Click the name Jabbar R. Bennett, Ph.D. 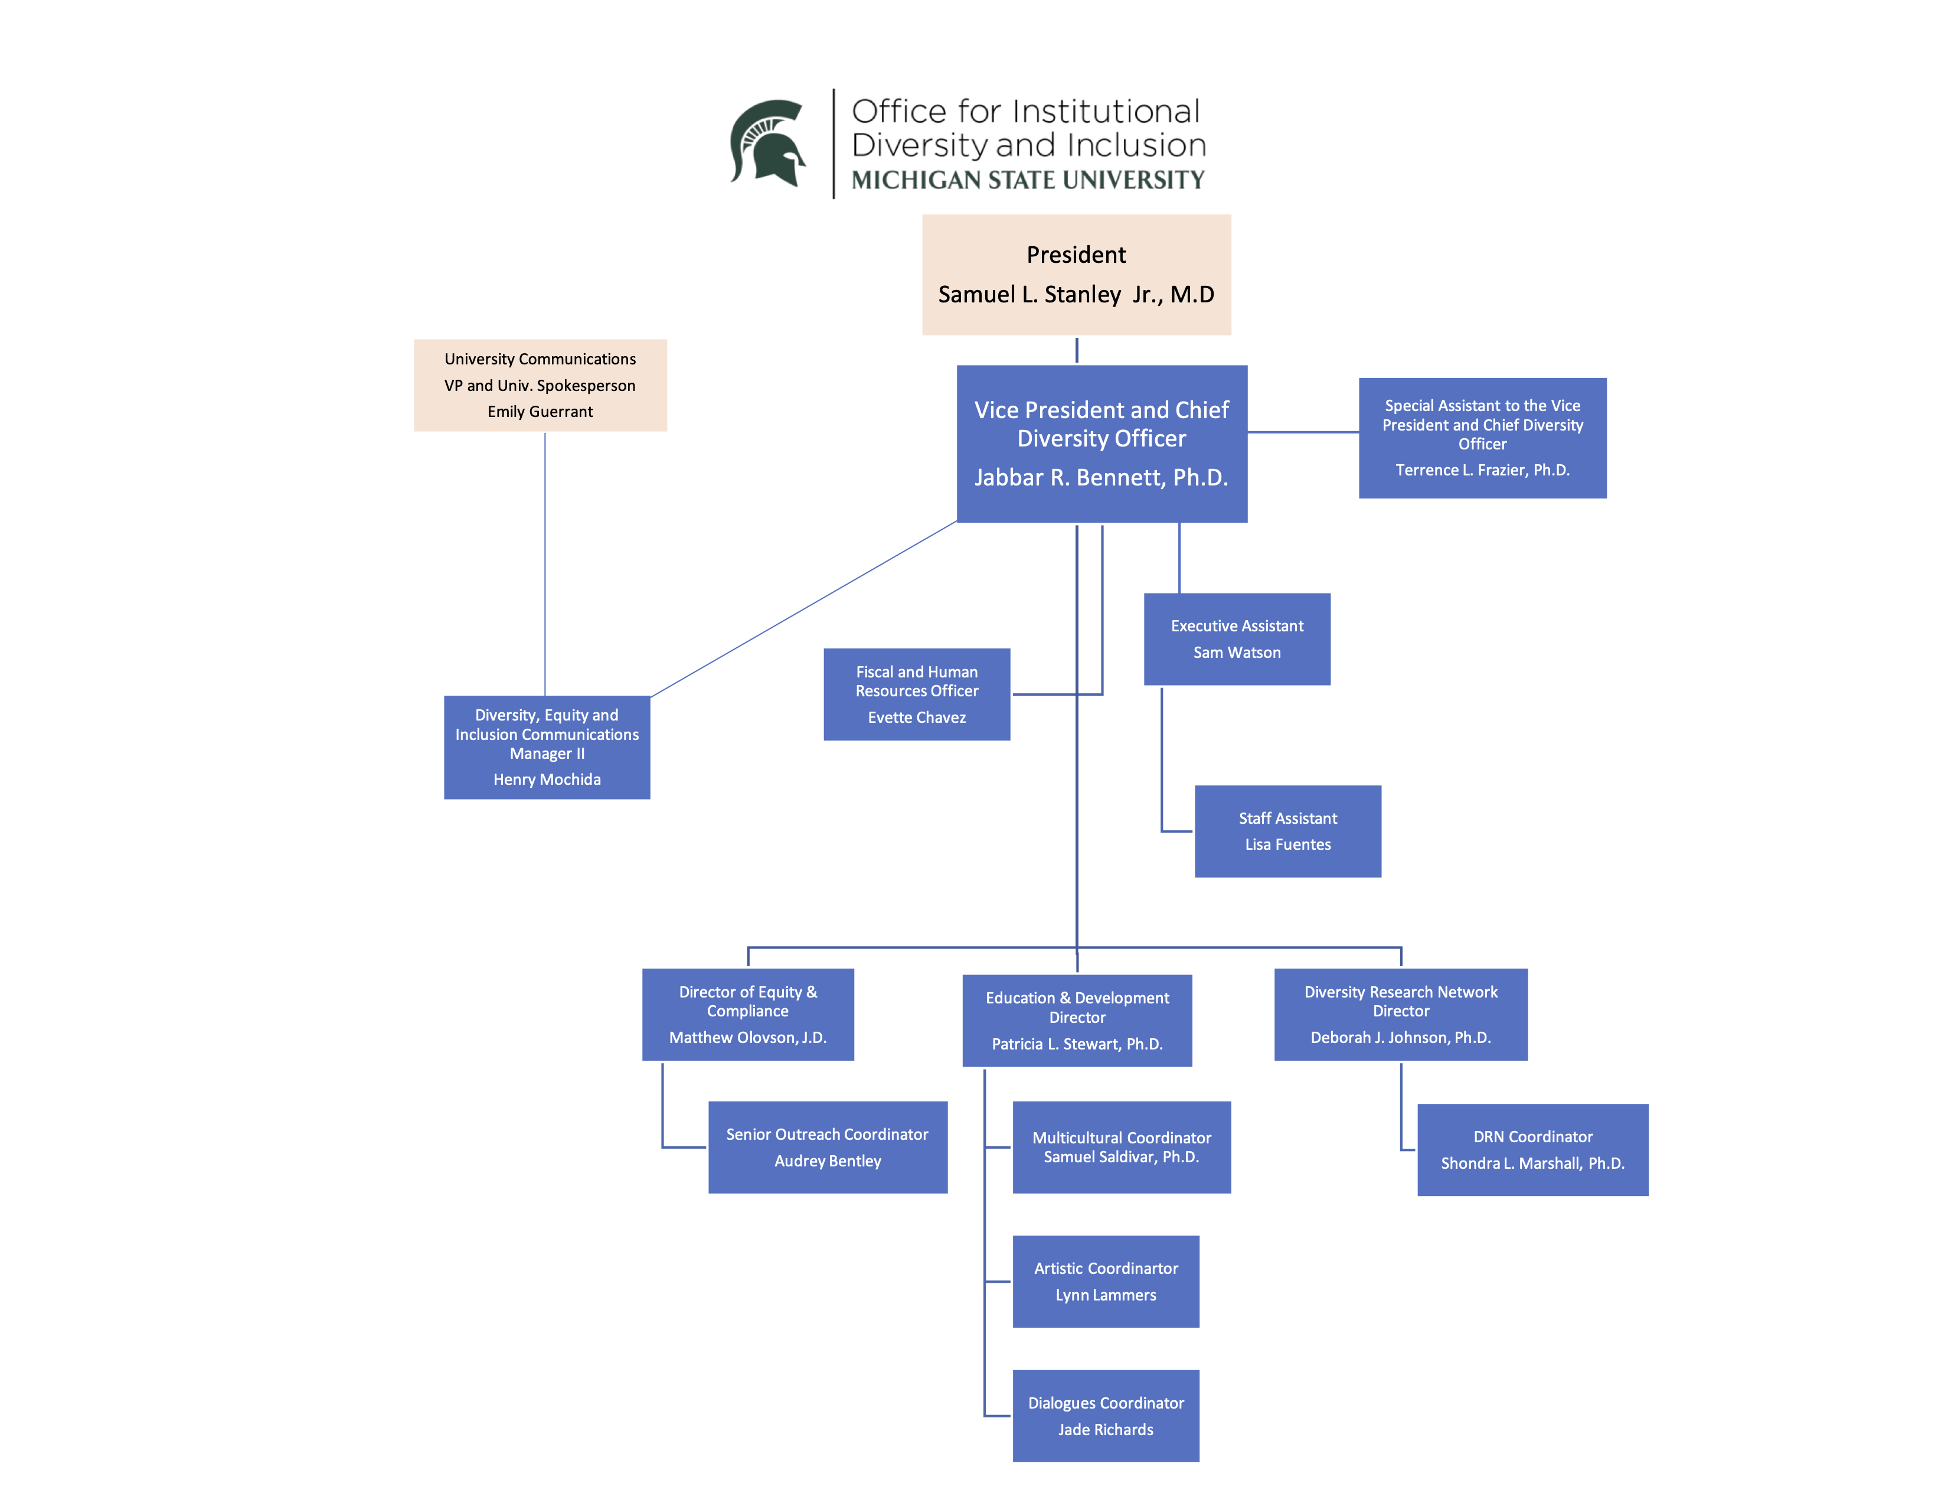1101,477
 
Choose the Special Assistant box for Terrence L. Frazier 1482,437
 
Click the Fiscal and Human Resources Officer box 916,694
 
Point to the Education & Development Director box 1077,1020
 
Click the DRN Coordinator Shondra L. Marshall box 1532,1149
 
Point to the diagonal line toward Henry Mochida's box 803,609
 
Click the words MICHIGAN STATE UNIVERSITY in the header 1028,180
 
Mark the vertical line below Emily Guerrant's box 545,562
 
